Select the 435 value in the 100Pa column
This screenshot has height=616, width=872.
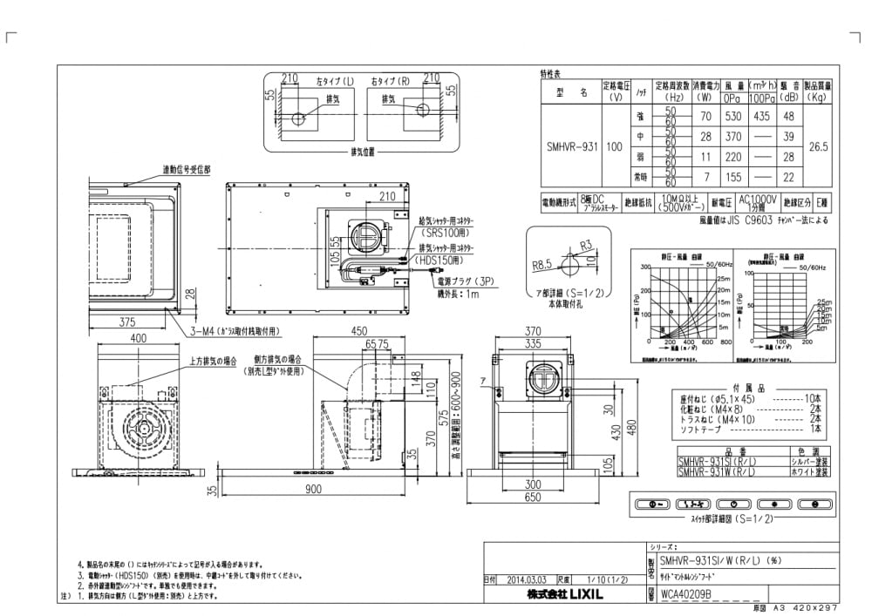(761, 116)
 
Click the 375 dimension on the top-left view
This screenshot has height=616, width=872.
(128, 322)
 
